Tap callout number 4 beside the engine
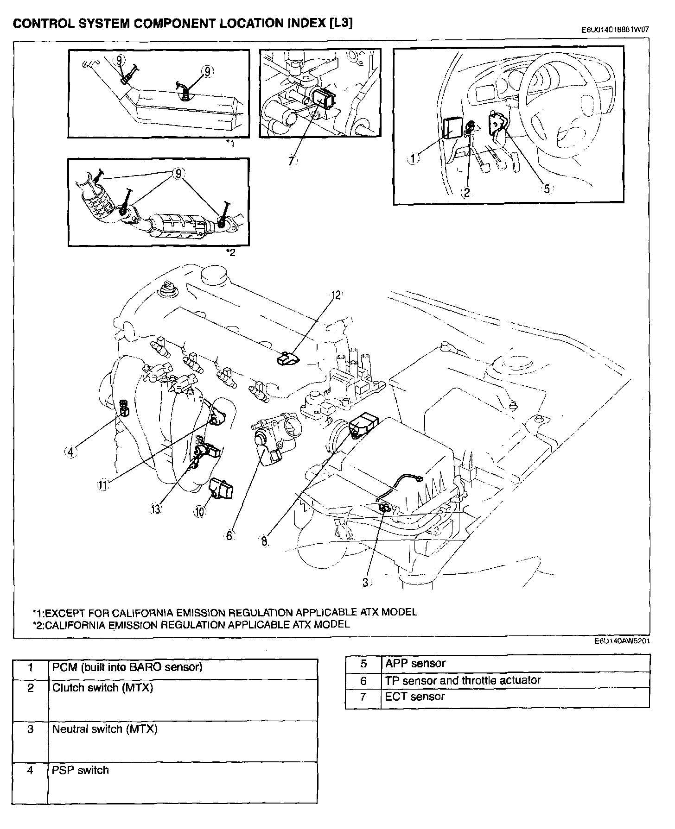pos(70,452)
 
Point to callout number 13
pos(155,509)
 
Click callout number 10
pos(199,511)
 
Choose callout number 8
pos(264,541)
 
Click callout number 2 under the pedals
pos(466,192)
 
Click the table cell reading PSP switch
pos(80,770)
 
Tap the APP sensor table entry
pos(415,663)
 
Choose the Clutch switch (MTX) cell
pos(102,688)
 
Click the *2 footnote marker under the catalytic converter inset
pos(230,252)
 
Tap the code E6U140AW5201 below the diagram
pos(621,642)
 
